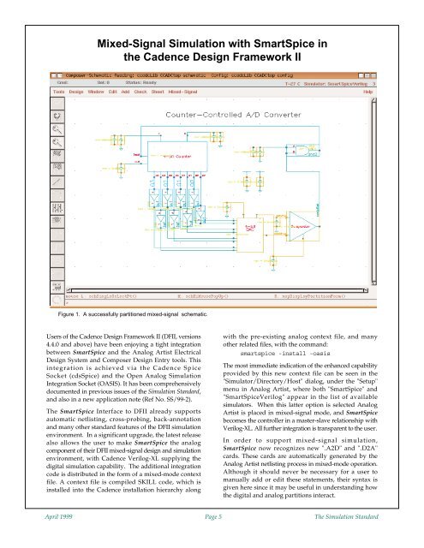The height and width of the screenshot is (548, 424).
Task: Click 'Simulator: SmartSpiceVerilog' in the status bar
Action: point(342,80)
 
